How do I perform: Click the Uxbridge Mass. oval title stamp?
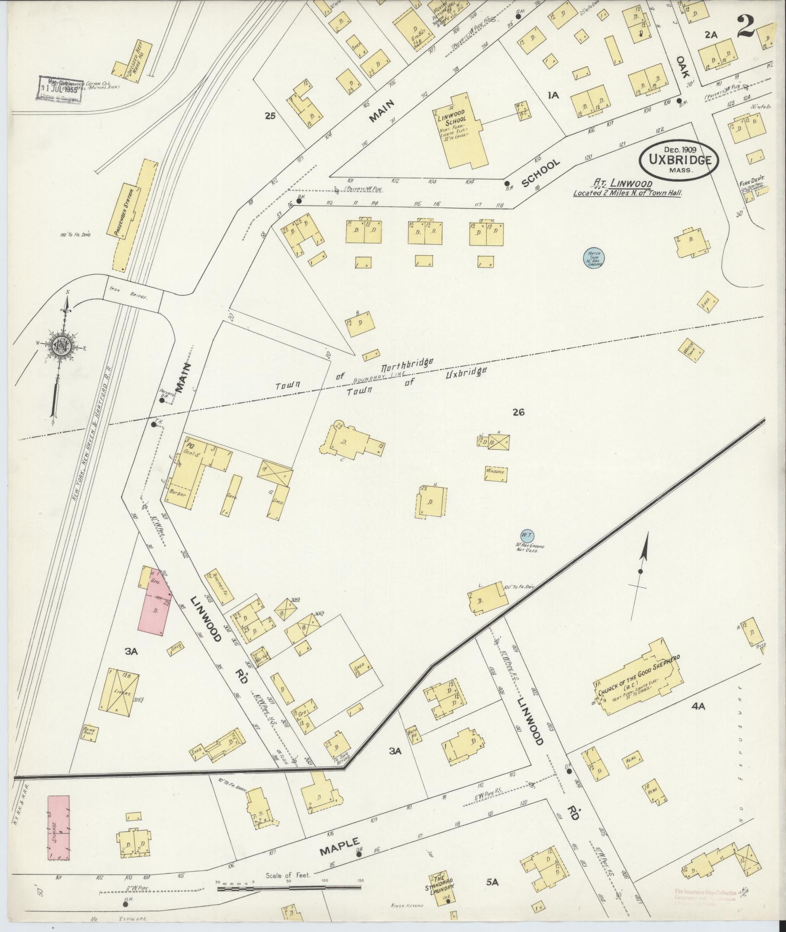tap(679, 161)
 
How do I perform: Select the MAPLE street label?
tap(340, 847)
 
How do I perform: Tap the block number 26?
tap(518, 413)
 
